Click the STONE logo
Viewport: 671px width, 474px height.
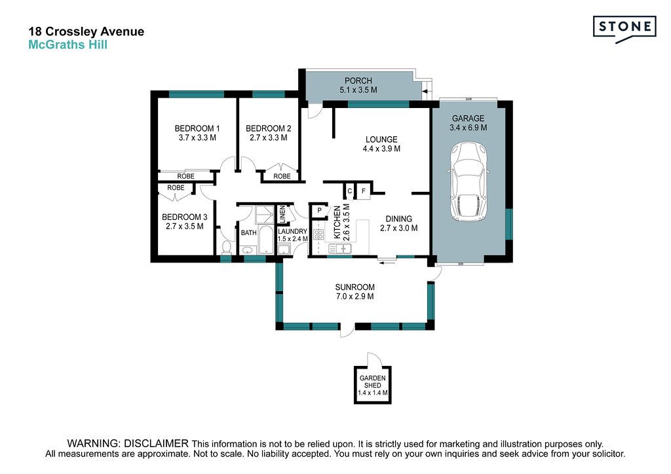pyautogui.click(x=624, y=29)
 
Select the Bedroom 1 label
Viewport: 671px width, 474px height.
pyautogui.click(x=197, y=128)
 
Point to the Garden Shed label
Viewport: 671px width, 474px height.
pyautogui.click(x=372, y=382)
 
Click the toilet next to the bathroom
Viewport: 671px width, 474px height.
pyautogui.click(x=226, y=247)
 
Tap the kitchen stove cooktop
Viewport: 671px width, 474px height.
pyautogui.click(x=318, y=234)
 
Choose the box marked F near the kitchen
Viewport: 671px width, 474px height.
pyautogui.click(x=363, y=191)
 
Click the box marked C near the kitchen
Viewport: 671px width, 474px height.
pyautogui.click(x=350, y=191)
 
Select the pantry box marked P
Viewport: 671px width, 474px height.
pyautogui.click(x=319, y=210)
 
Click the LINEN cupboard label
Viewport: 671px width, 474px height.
pyautogui.click(x=282, y=214)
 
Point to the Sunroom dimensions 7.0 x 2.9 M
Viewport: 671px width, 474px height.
pyautogui.click(x=355, y=297)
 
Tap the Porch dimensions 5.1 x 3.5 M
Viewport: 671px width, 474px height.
pyautogui.click(x=358, y=90)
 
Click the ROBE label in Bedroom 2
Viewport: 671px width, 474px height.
pyautogui.click(x=282, y=176)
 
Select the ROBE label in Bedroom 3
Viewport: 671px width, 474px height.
pyautogui.click(x=176, y=188)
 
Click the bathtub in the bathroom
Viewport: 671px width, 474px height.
pyautogui.click(x=266, y=240)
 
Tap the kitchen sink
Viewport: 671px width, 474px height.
pyautogui.click(x=340, y=248)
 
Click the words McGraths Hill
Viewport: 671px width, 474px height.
pyautogui.click(x=67, y=45)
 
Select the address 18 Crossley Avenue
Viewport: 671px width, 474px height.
pyautogui.click(x=86, y=31)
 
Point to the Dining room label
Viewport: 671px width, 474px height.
pyautogui.click(x=399, y=219)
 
